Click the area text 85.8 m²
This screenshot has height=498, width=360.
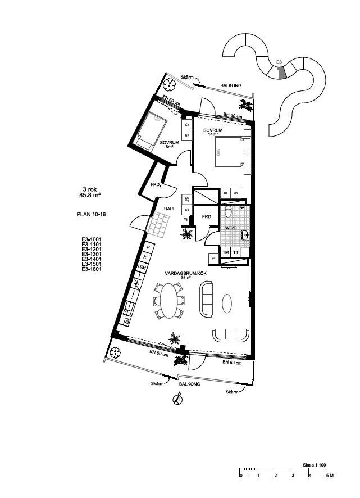[x=90, y=196]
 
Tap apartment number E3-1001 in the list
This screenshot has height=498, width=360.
[x=90, y=239]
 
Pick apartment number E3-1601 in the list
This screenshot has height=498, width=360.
[x=90, y=269]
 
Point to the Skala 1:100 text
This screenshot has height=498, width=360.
[x=315, y=465]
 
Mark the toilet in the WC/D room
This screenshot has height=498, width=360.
[x=227, y=213]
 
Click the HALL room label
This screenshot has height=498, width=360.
[x=170, y=209]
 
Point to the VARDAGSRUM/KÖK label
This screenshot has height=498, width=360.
[x=178, y=274]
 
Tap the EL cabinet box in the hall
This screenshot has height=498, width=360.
[x=185, y=219]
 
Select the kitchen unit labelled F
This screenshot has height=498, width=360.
[x=148, y=247]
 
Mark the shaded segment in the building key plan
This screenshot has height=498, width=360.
[x=282, y=72]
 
